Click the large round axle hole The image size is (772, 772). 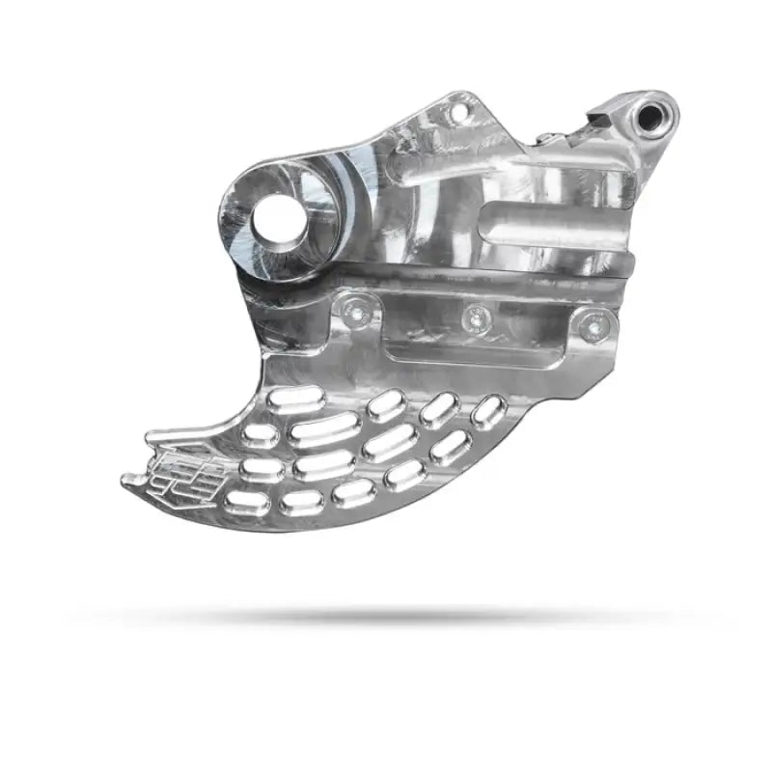coord(278,220)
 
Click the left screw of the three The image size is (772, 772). coord(359,309)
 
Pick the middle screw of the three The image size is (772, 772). coord(474,317)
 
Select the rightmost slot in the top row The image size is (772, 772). coord(488,412)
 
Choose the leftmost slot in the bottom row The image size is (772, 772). coord(248,503)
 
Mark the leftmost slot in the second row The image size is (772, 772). coord(261,434)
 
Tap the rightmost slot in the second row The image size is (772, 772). coord(450,447)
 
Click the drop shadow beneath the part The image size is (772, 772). coord(386,614)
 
